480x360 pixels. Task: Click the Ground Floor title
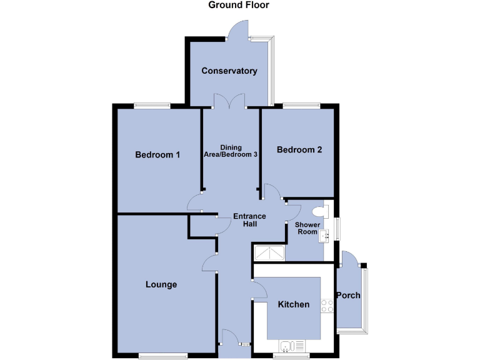[x=239, y=5]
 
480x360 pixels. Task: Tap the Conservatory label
[x=229, y=71]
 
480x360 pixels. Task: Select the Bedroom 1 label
[x=158, y=154]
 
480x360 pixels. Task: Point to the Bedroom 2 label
[x=299, y=149]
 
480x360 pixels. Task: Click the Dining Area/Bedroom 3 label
[x=231, y=151]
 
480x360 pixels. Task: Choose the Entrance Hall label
[x=249, y=220]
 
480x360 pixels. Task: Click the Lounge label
[x=161, y=284]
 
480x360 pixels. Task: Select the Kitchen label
[x=293, y=304]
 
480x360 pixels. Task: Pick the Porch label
[x=348, y=295]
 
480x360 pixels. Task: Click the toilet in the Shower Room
[x=322, y=210]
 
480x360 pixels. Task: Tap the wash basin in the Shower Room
[x=324, y=236]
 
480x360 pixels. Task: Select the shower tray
[x=268, y=252]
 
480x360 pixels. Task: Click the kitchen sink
[x=291, y=346]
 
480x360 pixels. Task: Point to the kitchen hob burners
[x=326, y=306]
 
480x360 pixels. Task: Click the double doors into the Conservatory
[x=229, y=101]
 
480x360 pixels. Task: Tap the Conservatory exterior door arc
[x=238, y=29]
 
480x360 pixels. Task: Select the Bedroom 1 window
[x=152, y=106]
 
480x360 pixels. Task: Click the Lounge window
[x=162, y=356]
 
